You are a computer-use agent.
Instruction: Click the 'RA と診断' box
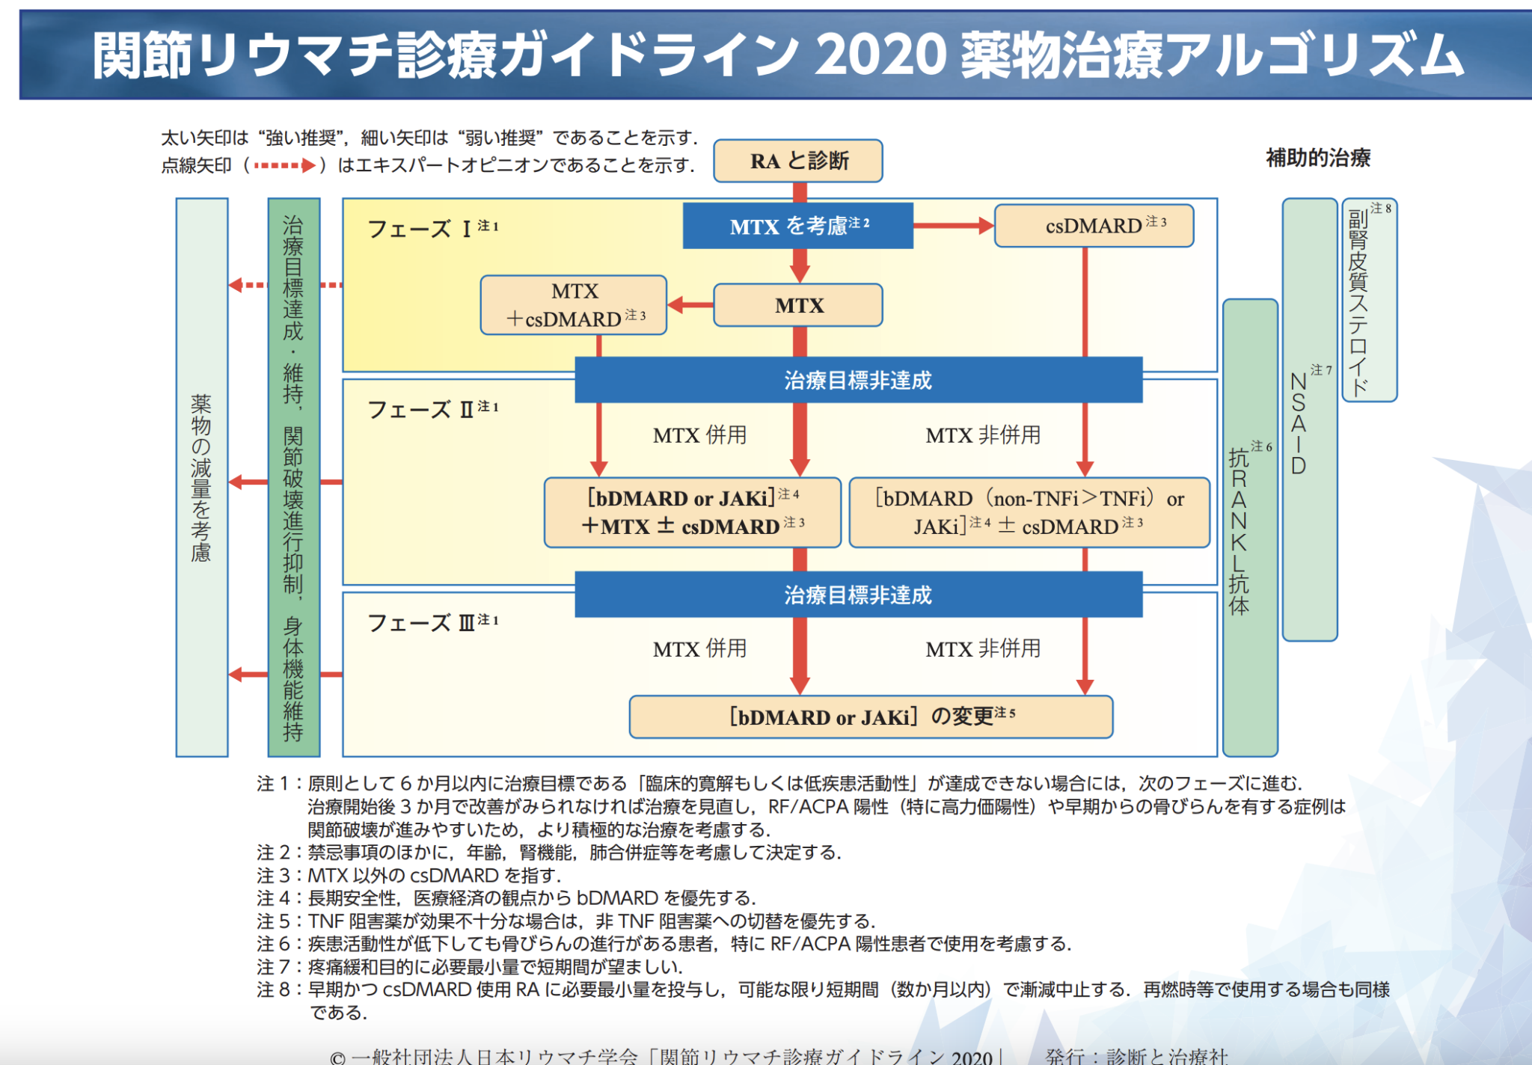click(x=798, y=161)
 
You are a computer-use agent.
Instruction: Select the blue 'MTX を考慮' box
click(x=798, y=226)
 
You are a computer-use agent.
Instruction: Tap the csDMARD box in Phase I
click(x=1094, y=226)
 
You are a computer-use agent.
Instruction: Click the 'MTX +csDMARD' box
click(x=574, y=305)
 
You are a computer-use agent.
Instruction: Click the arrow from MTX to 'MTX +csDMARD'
click(x=690, y=305)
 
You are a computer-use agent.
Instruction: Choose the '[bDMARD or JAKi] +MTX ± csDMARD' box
click(x=693, y=512)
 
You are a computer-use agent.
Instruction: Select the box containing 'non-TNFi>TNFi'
click(x=1029, y=512)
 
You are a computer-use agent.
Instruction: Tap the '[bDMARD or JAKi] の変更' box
click(x=871, y=717)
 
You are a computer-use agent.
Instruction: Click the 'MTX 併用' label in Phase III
click(x=699, y=649)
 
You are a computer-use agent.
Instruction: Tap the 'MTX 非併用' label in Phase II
click(x=983, y=435)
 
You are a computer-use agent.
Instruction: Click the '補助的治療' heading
click(x=1318, y=158)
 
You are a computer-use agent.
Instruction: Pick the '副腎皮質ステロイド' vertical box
click(x=1369, y=300)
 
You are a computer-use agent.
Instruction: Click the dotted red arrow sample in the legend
click(x=284, y=165)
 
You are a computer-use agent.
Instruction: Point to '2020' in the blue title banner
click(x=880, y=55)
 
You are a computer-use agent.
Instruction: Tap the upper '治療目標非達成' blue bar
click(x=858, y=381)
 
